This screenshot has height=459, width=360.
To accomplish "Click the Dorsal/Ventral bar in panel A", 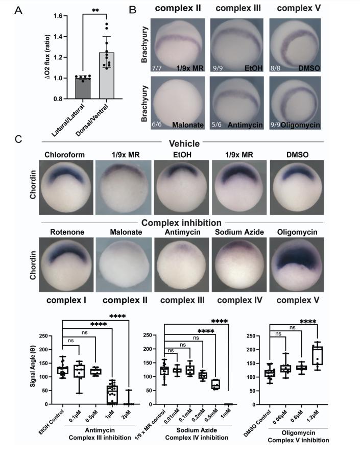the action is tap(107, 76).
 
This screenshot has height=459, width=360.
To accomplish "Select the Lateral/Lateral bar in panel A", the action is tap(83, 88).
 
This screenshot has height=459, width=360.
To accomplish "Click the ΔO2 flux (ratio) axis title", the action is tap(47, 57).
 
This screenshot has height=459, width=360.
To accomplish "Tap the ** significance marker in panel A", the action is tap(95, 11).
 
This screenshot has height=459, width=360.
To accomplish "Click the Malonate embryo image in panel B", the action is tap(178, 103).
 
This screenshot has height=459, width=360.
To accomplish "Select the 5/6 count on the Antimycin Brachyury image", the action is tap(217, 125).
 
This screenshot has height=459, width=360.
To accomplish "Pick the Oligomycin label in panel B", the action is tap(300, 125).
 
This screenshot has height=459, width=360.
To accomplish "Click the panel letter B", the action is tap(133, 9).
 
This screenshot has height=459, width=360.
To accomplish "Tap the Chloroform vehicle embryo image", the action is tap(66, 187).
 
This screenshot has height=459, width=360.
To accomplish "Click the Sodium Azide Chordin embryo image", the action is tap(239, 264).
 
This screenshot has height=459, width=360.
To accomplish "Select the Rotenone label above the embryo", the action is tap(67, 232).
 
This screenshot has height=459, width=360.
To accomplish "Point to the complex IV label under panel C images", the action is tap(239, 300).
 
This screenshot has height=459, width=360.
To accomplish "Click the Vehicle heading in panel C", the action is tap(184, 143).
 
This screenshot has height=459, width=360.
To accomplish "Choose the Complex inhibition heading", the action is tap(181, 223).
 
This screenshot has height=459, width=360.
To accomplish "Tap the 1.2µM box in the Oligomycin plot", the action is tap(318, 355).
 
